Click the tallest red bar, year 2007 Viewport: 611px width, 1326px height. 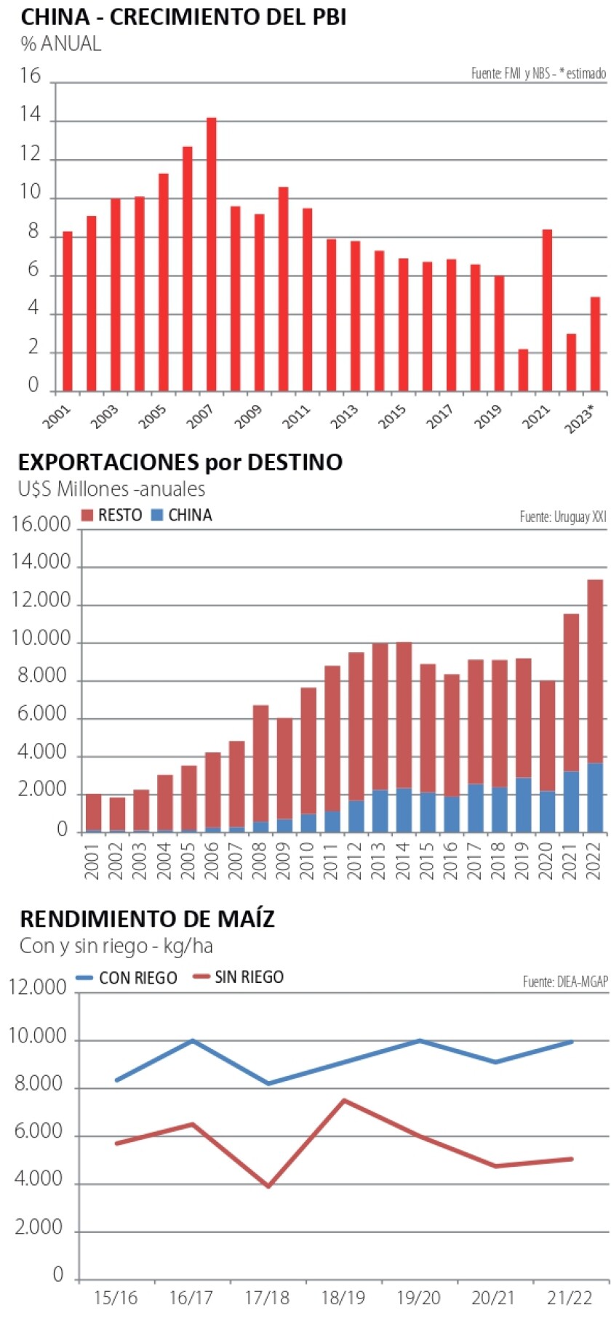[x=211, y=254]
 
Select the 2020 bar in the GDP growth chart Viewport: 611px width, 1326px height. [x=523, y=370]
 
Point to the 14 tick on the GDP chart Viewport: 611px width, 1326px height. [x=31, y=116]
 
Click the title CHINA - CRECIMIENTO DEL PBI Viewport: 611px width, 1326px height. [x=183, y=17]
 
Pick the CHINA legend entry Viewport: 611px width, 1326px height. [x=181, y=515]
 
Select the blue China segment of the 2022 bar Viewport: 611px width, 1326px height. [x=595, y=797]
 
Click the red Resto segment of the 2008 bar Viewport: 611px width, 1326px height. [x=260, y=763]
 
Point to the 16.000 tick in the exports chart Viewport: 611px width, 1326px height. [x=41, y=525]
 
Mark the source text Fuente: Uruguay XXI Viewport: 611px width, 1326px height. [x=562, y=516]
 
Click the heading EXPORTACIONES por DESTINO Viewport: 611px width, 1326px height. [x=180, y=462]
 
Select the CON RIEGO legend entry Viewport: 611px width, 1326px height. [x=128, y=978]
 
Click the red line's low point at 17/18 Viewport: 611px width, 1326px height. [x=268, y=1186]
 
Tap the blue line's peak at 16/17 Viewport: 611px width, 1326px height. [x=193, y=1040]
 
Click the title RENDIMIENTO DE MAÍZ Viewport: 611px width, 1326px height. [x=147, y=920]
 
